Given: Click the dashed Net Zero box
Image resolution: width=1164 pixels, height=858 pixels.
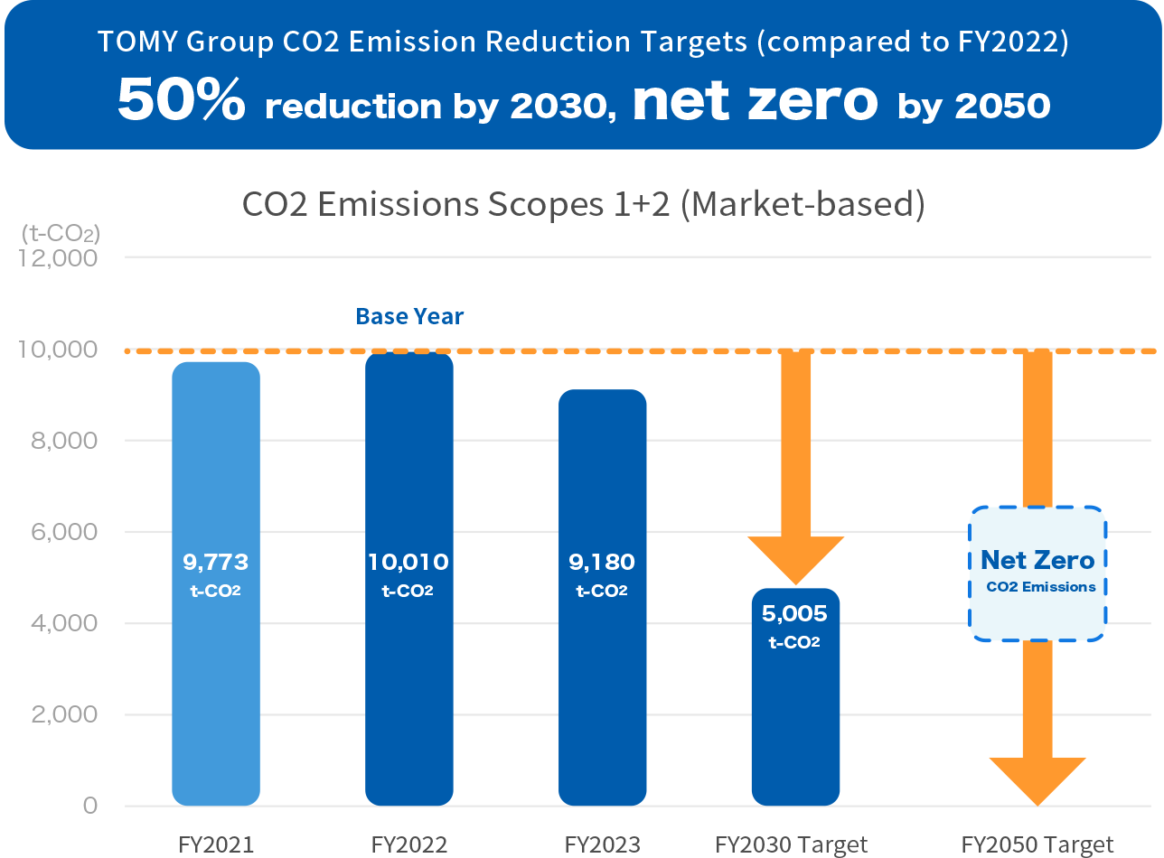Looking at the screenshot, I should click(x=1037, y=574).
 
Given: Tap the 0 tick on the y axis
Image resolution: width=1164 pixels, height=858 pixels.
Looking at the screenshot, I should click(x=89, y=806).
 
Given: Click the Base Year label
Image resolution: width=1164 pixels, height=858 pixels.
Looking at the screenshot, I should click(x=409, y=316).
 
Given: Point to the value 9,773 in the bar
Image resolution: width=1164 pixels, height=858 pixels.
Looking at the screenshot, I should click(x=216, y=563).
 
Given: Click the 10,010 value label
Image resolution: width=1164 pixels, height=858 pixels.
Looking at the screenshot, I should click(x=408, y=563).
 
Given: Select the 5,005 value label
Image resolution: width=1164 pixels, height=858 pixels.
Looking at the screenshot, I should click(x=795, y=614).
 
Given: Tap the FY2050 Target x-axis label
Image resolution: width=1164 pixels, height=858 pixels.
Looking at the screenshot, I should click(x=1037, y=845).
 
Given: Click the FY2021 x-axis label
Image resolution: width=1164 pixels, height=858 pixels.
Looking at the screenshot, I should click(x=216, y=845).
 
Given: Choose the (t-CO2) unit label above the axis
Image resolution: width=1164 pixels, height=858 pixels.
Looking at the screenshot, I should click(x=61, y=233).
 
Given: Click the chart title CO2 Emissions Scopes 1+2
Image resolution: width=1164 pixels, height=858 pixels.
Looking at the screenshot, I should click(x=583, y=204).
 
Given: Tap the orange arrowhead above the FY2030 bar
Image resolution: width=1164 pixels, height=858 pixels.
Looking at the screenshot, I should click(x=795, y=560).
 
